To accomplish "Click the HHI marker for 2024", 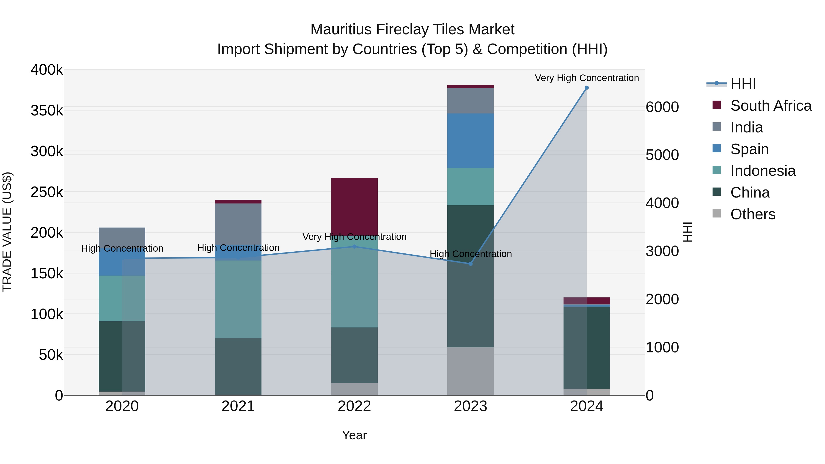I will [586, 88].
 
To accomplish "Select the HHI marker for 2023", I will [470, 264].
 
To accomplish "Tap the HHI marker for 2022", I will [354, 247].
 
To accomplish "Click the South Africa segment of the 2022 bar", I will [354, 205].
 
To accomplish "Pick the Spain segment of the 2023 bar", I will [470, 141].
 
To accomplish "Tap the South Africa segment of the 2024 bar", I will [586, 301].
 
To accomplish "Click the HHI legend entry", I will [743, 84].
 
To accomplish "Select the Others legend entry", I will [753, 214].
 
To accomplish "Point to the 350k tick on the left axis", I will [47, 111].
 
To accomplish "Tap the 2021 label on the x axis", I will [238, 406].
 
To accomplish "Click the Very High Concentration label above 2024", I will [586, 78].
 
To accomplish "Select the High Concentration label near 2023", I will [470, 254].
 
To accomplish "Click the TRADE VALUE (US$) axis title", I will [7, 232].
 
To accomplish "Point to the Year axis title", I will [354, 435].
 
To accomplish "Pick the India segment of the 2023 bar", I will [470, 101].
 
